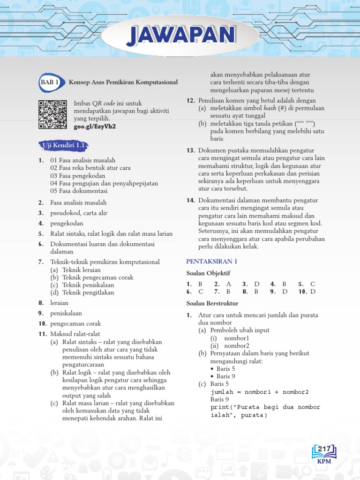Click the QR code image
pos(52,115)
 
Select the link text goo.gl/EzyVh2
pos(95,127)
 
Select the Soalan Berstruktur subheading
pos(212,303)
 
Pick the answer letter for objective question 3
pos(257,284)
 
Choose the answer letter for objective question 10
pos(313,292)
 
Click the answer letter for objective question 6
pos(201,292)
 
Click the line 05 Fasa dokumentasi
pos(79,191)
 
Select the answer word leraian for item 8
pos(60,303)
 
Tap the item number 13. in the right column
pos(190,150)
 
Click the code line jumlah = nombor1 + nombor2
pos(260,392)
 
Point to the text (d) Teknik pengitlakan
pos(82,292)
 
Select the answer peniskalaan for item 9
pos(66,313)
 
